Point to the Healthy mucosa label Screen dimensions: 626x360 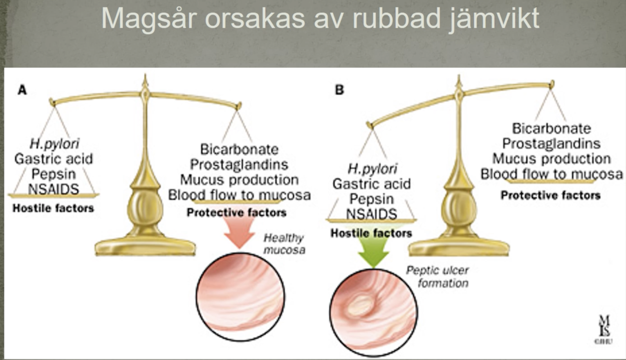coord(283,244)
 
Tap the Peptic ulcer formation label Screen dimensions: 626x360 coord(437,277)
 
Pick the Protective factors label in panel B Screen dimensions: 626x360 coord(550,195)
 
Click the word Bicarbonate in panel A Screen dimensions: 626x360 coord(239,150)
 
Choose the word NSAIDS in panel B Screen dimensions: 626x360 coord(371,214)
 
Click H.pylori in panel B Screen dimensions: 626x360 coord(371,168)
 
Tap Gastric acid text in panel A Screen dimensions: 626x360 coord(53,159)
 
